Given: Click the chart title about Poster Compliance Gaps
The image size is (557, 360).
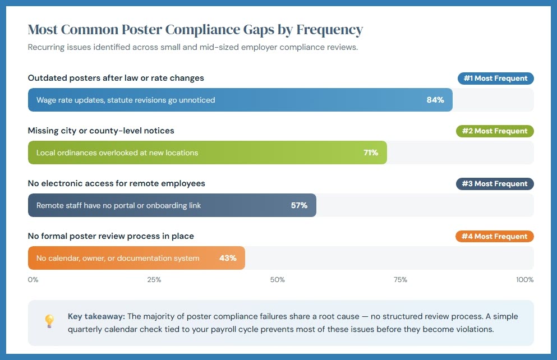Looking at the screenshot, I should pyautogui.click(x=195, y=30).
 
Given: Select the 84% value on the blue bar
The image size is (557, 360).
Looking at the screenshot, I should pyautogui.click(x=435, y=100).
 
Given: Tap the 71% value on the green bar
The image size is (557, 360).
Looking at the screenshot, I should pyautogui.click(x=370, y=153).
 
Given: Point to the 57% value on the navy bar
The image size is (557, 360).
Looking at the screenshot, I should pyautogui.click(x=299, y=205).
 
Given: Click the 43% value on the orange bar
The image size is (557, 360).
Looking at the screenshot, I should pyautogui.click(x=228, y=258).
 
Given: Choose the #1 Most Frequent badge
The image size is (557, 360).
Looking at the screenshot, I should pyautogui.click(x=495, y=79).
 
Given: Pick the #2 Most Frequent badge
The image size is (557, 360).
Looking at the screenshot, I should pyautogui.click(x=495, y=131).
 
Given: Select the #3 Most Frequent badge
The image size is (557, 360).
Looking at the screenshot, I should pyautogui.click(x=495, y=184).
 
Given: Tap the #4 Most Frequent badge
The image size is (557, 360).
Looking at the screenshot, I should pyautogui.click(x=495, y=237).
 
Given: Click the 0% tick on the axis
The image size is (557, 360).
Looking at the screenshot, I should pyautogui.click(x=33, y=280).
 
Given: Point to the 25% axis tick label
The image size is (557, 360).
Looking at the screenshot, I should pyautogui.click(x=154, y=280).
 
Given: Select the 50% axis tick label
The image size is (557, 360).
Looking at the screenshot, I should pyautogui.click(x=278, y=280).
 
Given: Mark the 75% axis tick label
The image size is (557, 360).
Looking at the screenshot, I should pyautogui.click(x=400, y=280).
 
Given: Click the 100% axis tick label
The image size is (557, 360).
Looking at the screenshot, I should pyautogui.click(x=525, y=280).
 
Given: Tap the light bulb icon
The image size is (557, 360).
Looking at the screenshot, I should pyautogui.click(x=49, y=321).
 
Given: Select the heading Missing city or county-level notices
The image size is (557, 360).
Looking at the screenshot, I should pyautogui.click(x=101, y=131).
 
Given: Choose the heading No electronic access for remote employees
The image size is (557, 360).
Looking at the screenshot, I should pyautogui.click(x=116, y=183).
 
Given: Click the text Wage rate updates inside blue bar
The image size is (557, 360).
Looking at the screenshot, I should pyautogui.click(x=126, y=100).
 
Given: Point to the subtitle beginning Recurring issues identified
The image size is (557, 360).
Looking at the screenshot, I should pyautogui.click(x=192, y=47).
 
